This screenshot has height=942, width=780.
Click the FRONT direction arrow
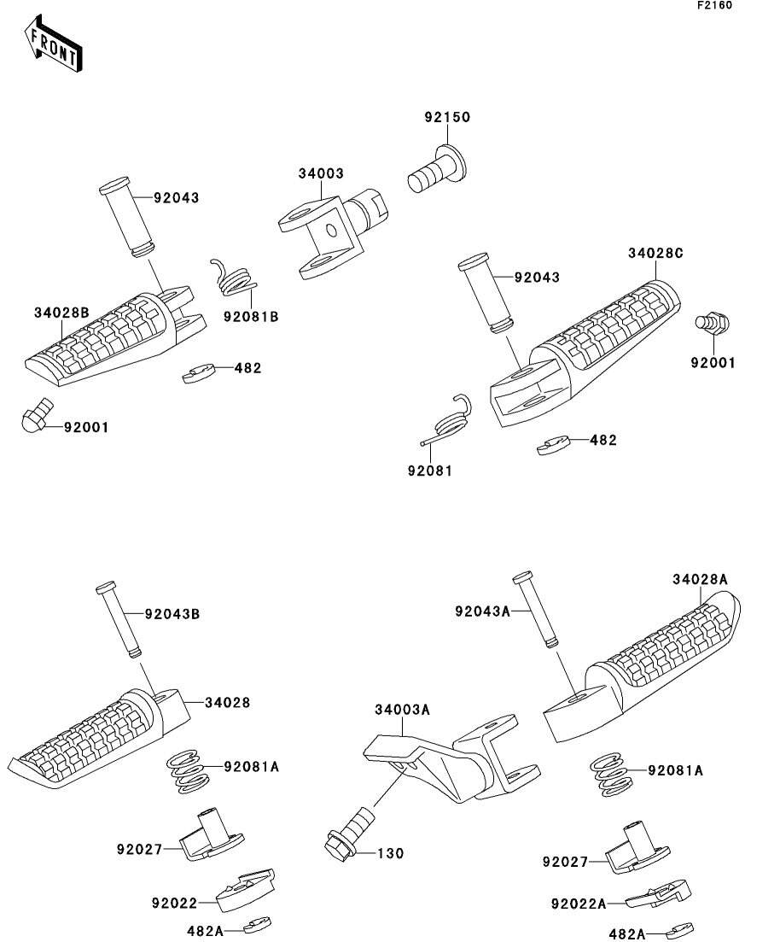click(53, 44)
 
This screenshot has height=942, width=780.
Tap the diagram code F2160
click(714, 5)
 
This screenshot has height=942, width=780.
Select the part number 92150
click(447, 117)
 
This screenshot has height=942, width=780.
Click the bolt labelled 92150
click(437, 168)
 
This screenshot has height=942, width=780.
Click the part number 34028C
click(655, 254)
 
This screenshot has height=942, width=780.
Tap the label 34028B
click(61, 313)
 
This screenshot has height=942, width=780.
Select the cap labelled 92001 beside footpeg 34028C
click(712, 323)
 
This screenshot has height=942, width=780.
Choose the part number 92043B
click(172, 614)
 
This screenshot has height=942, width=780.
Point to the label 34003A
click(402, 710)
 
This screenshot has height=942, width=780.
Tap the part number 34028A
click(700, 579)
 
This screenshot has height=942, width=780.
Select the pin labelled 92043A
click(536, 609)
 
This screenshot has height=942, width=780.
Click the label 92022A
click(579, 904)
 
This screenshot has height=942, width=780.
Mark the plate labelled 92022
click(245, 890)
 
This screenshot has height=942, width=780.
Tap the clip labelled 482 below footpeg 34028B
click(199, 373)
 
